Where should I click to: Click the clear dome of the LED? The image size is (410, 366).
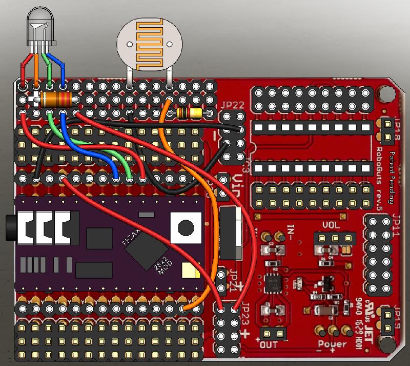click(41, 26)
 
